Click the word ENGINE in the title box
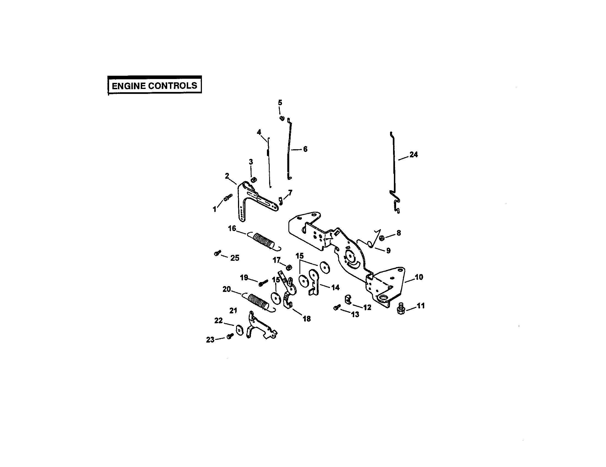[128, 86]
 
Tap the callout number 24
[413, 155]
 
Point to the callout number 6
[305, 149]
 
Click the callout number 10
[419, 277]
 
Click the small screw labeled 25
[217, 253]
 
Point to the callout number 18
[307, 319]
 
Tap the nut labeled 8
[382, 238]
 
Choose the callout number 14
[335, 287]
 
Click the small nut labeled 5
[282, 118]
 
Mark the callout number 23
[210, 340]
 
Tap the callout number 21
[233, 311]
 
